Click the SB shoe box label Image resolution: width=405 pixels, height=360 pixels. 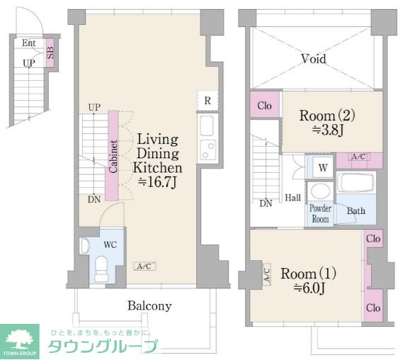(50, 52)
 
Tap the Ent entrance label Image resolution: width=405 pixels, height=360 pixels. (28, 43)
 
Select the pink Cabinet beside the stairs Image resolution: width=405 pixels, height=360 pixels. (113, 156)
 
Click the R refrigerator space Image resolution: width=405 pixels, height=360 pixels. (207, 101)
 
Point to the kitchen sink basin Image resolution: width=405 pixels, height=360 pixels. (207, 125)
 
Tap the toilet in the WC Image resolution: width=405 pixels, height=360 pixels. (101, 269)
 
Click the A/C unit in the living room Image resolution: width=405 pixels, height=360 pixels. (144, 266)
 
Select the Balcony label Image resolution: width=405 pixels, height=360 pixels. (149, 305)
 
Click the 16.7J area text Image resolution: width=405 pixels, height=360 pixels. (157, 182)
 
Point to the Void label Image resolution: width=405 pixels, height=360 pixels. (313, 59)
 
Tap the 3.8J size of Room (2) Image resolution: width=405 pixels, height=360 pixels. (328, 130)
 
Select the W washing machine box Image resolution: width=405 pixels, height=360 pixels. (323, 168)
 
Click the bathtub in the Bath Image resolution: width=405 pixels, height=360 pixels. (356, 182)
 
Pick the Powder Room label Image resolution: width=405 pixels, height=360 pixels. (320, 214)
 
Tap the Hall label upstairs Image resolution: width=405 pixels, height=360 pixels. (292, 198)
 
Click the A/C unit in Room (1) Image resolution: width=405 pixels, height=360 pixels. (267, 274)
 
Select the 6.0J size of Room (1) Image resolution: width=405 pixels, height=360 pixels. (309, 288)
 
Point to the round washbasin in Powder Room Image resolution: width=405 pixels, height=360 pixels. (320, 191)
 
